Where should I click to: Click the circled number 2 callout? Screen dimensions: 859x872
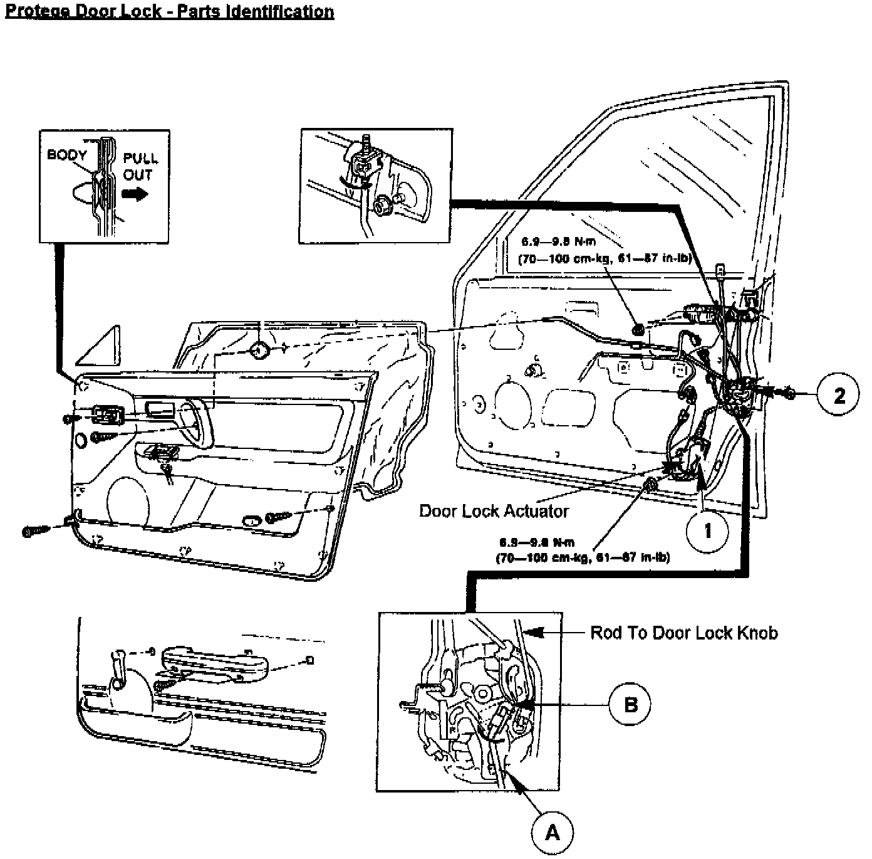(838, 394)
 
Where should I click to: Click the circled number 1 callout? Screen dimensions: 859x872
(707, 530)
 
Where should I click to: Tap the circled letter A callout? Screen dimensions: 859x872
(552, 832)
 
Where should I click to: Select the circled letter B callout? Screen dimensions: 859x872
(630, 704)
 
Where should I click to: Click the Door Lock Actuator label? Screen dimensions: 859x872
(494, 511)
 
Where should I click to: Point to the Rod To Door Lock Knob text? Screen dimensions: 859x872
(684, 633)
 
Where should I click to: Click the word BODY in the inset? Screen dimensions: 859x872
(67, 155)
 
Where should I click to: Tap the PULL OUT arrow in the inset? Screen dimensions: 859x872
(135, 194)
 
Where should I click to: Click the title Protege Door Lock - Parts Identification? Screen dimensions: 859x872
(169, 11)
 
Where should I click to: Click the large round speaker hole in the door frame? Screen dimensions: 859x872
(512, 407)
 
